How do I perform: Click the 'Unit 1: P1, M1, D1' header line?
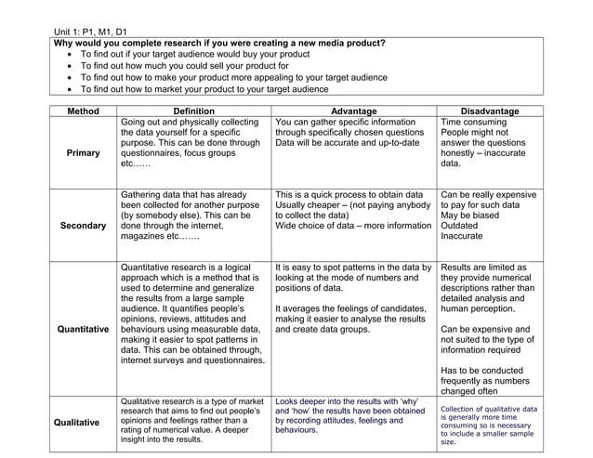tap(90, 32)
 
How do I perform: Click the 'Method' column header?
tap(84, 111)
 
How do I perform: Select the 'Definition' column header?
tap(193, 111)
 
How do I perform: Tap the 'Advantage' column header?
tap(355, 111)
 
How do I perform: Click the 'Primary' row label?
tap(84, 152)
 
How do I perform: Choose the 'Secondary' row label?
tap(84, 226)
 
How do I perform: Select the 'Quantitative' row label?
tap(84, 329)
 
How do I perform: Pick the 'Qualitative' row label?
tap(84, 422)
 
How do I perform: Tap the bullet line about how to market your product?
tap(204, 90)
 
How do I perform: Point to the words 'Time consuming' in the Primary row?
tap(473, 123)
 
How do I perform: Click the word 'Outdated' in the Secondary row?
tap(463, 225)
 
